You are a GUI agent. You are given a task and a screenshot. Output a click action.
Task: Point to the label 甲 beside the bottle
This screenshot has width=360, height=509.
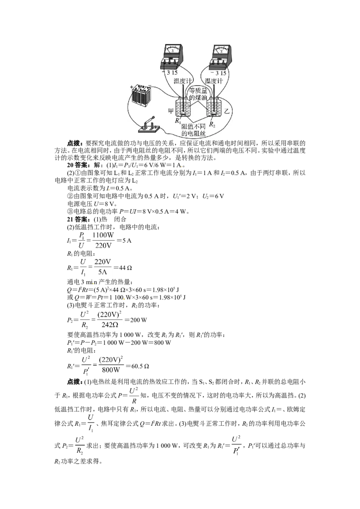pyautogui.click(x=171, y=111)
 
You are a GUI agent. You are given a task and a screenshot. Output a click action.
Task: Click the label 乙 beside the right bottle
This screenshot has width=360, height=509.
pyautogui.click(x=227, y=112)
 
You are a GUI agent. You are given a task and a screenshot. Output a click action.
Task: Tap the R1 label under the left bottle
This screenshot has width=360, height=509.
pyautogui.click(x=178, y=121)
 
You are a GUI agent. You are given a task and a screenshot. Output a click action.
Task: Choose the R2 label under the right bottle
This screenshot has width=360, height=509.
pyautogui.click(x=212, y=125)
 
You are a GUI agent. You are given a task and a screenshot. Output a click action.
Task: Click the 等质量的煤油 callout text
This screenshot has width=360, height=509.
pyautogui.click(x=198, y=94)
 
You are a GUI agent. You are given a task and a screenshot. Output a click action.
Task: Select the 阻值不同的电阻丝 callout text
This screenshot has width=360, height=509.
pyautogui.click(x=193, y=129)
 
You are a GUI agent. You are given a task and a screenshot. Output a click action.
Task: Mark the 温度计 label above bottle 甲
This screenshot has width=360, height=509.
pyautogui.click(x=183, y=81)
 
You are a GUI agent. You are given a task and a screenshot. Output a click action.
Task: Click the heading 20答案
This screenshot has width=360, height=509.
pyautogui.click(x=76, y=165)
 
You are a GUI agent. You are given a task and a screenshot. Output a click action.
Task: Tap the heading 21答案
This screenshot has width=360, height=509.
pyautogui.click(x=76, y=219)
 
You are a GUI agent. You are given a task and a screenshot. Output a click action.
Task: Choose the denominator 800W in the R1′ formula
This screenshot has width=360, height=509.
pyautogui.click(x=111, y=370)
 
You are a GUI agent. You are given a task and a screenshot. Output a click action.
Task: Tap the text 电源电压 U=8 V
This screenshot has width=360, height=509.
pyautogui.click(x=92, y=204)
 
